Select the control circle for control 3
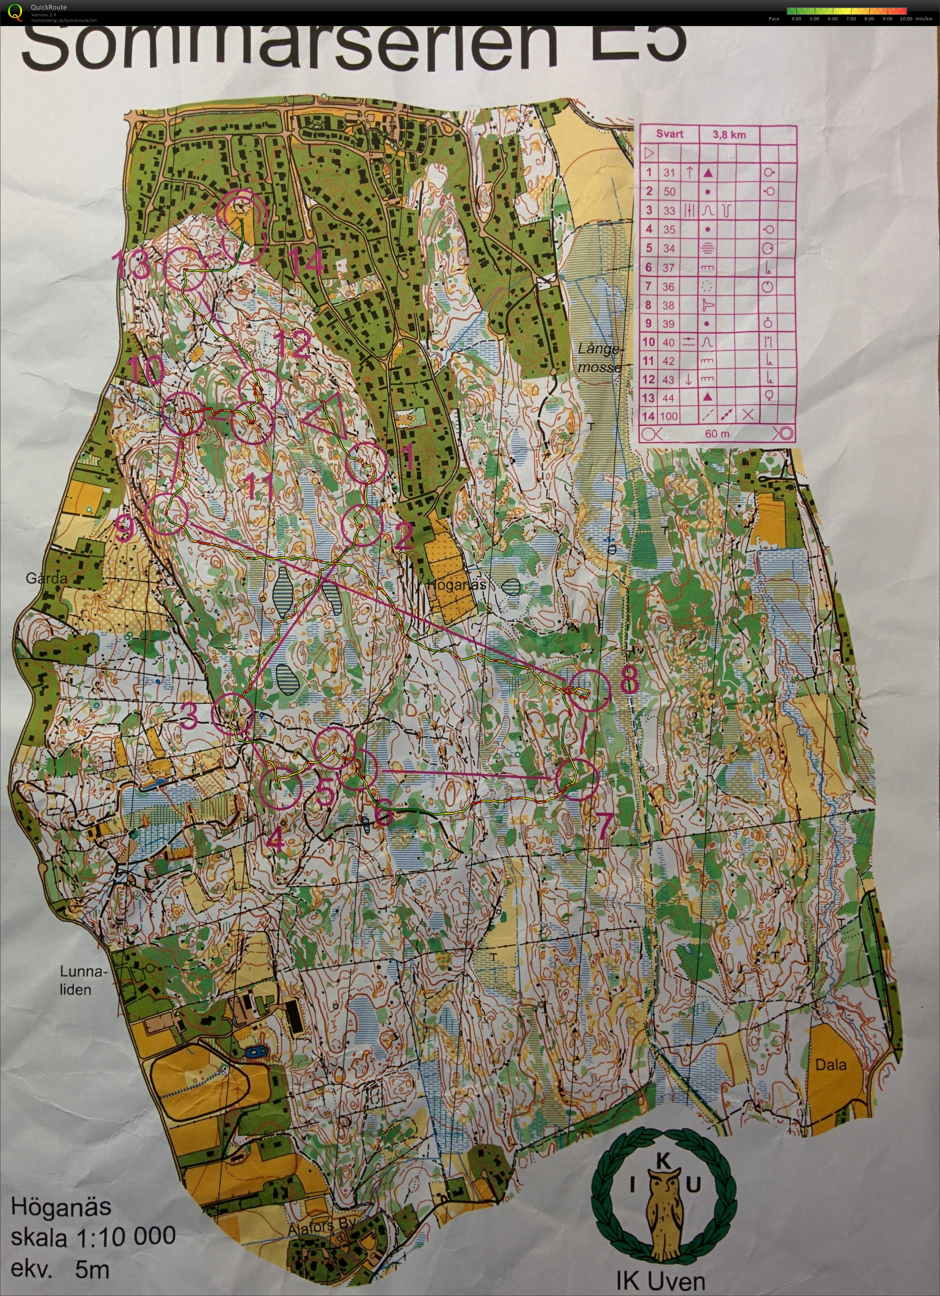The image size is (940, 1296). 232,713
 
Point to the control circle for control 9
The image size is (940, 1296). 167,514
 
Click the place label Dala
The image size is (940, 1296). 830,1065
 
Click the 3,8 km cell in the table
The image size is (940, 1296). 729,135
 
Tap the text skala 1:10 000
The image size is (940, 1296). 94,1236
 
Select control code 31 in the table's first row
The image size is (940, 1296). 669,173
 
